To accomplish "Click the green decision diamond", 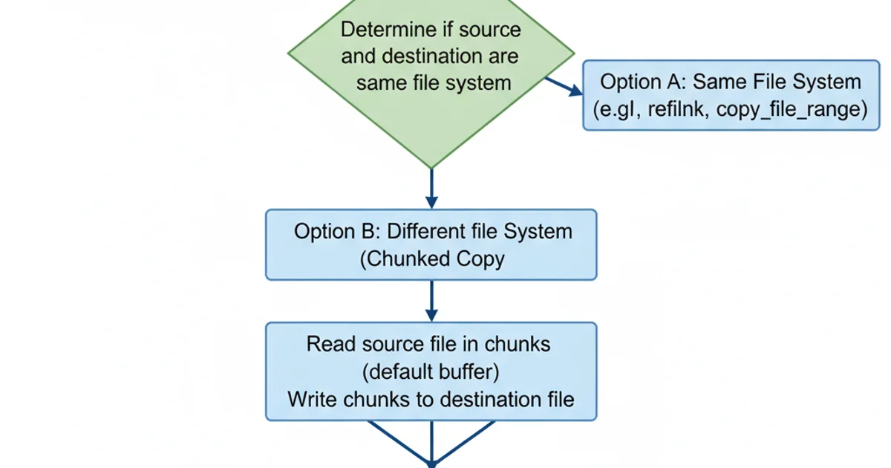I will point(431,119).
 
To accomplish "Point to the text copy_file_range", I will point(792,109).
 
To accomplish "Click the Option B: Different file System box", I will point(431,244).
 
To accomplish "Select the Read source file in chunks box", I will point(431,371).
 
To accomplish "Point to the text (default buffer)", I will point(431,371).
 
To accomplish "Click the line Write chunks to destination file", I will point(431,399).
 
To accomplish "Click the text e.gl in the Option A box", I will point(616,109).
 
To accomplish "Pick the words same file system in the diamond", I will point(433,82).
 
